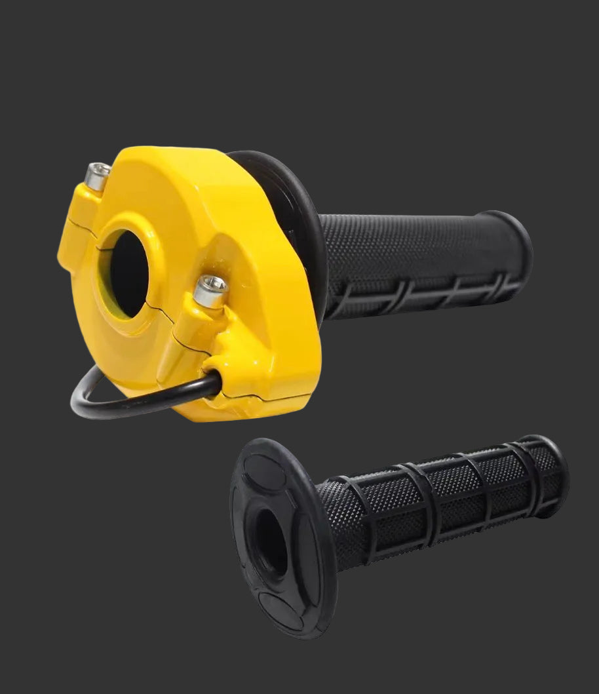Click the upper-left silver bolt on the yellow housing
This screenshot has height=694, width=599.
coord(98,176)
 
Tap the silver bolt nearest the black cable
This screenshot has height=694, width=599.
coord(211,289)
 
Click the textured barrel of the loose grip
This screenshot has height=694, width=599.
coord(446,498)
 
